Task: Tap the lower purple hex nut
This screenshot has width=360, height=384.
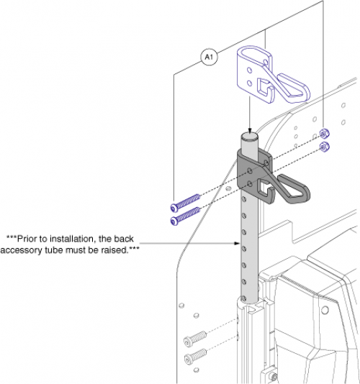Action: tap(323, 147)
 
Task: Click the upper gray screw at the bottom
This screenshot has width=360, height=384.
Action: tap(196, 336)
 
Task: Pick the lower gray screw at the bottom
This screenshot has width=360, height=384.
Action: tap(196, 355)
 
